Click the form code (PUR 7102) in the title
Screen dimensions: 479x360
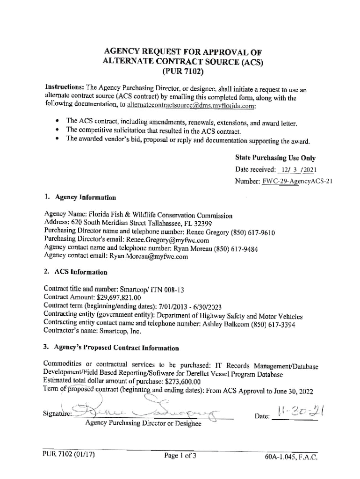(182, 72)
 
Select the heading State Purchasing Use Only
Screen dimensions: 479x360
(275, 158)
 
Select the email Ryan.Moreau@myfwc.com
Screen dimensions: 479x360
(149, 256)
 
